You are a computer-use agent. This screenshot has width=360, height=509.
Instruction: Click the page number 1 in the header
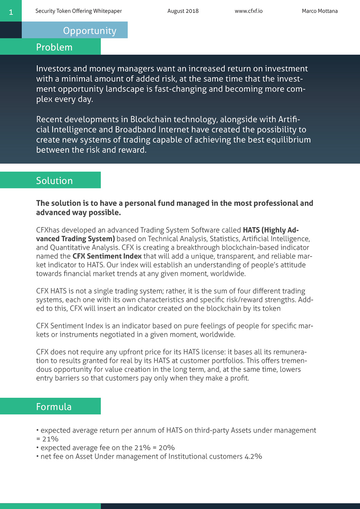coord(11,12)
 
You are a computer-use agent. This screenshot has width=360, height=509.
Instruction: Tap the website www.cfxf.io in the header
coord(248,11)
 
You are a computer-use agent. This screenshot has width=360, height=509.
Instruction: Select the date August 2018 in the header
coord(183,11)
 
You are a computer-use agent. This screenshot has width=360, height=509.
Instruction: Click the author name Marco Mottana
coord(320,11)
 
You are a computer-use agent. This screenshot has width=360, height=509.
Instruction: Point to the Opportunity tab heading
coord(90,31)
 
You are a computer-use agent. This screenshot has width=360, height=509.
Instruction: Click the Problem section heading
coord(54,47)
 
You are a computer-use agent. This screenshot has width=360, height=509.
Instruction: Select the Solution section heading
coord(54,181)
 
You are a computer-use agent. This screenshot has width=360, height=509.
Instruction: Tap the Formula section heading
coord(54,407)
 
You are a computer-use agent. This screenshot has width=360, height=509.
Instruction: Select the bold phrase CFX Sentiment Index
coord(107,256)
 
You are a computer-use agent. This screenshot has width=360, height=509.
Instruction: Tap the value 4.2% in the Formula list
coord(253,456)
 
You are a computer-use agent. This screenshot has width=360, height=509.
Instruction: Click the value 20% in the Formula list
coord(167,448)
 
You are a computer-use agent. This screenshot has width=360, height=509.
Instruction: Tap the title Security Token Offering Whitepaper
coord(78,11)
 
